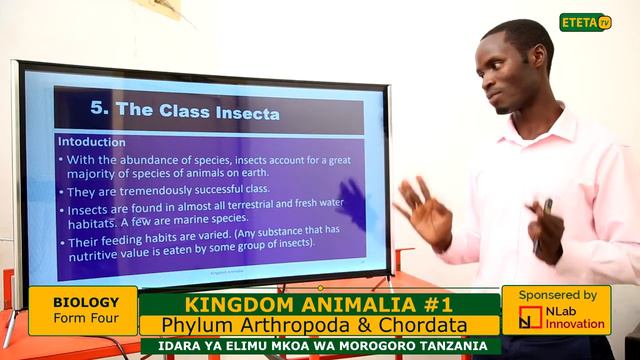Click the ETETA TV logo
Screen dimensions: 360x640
[x=585, y=22]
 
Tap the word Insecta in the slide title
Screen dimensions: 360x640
[x=240, y=111]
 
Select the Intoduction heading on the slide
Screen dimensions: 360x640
[x=91, y=142]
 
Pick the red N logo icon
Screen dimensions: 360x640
[x=530, y=318]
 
